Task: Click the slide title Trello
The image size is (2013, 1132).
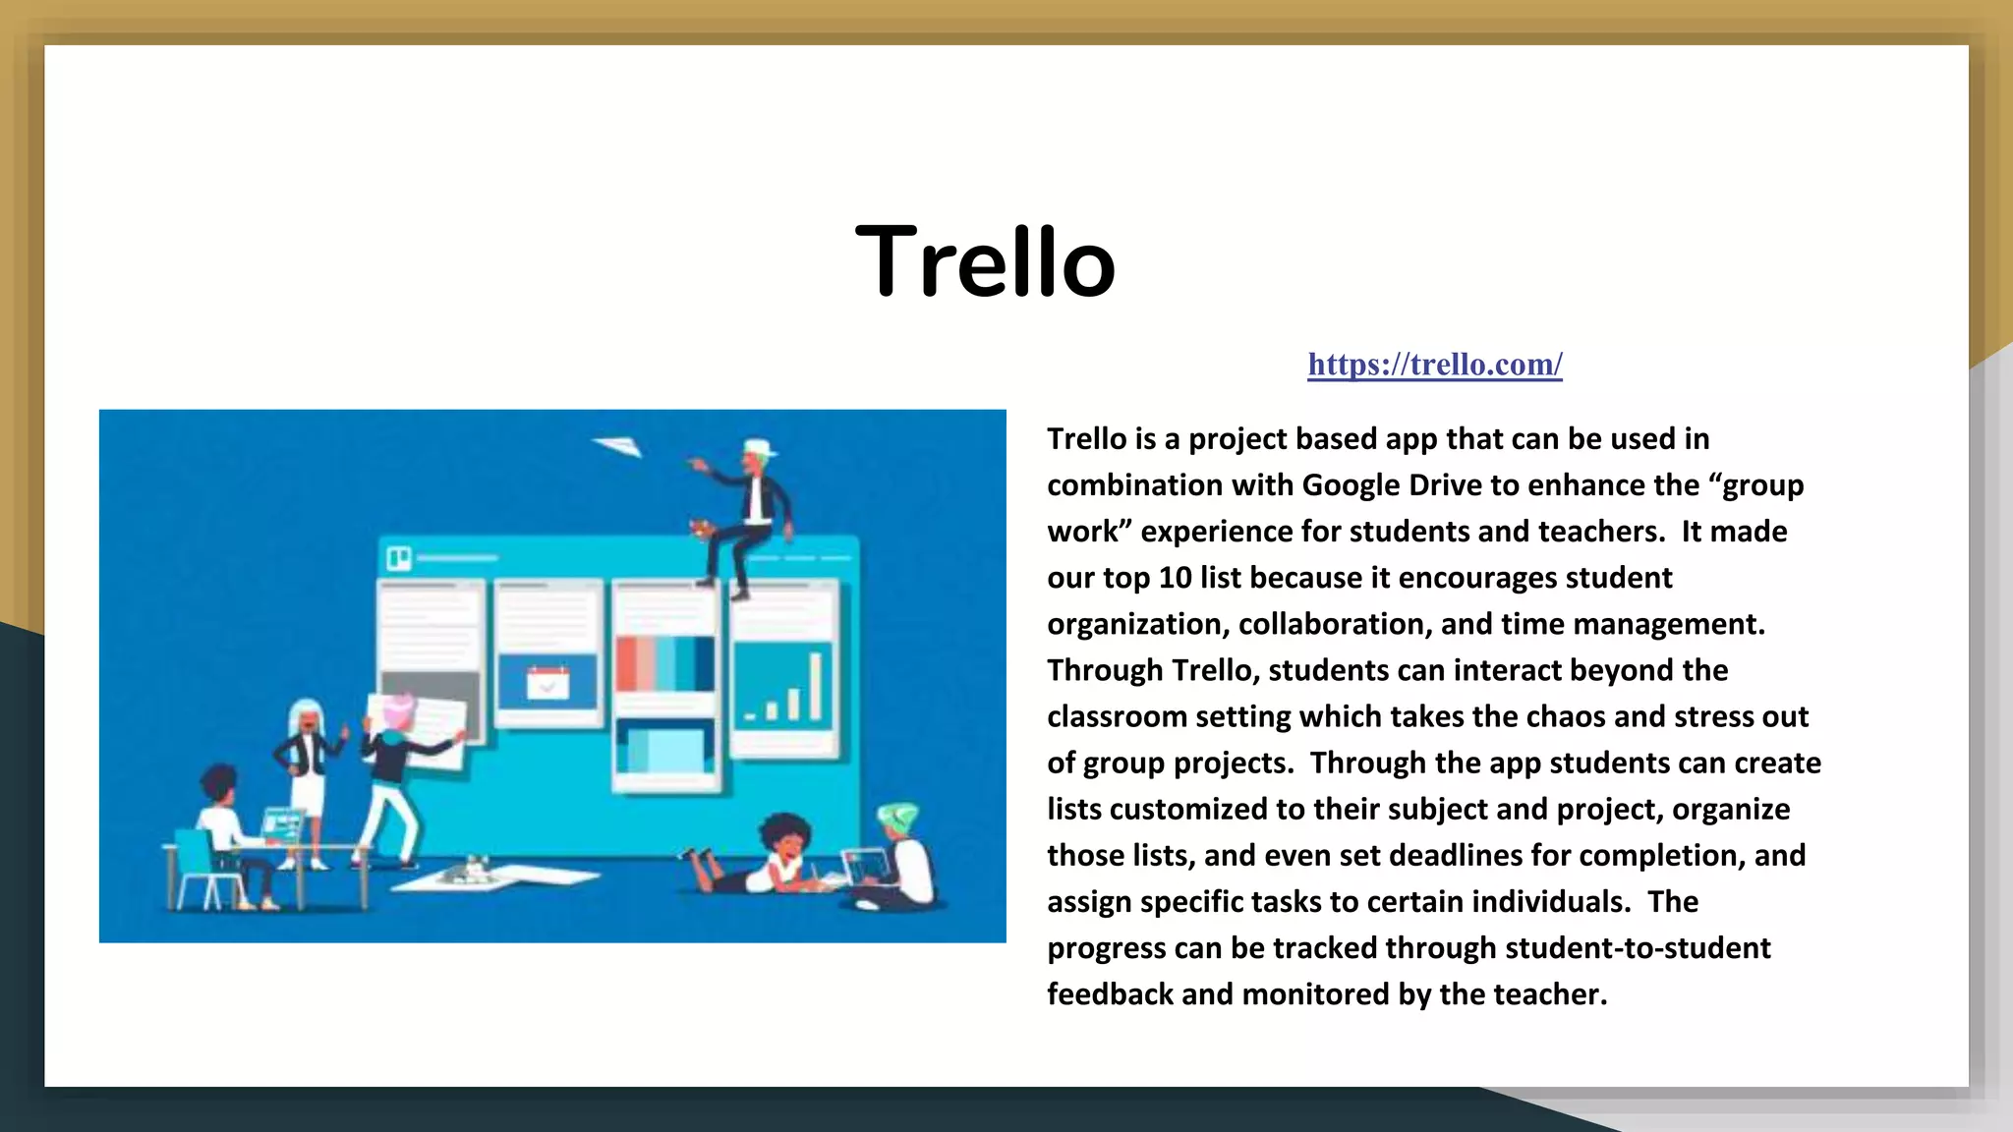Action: [x=986, y=261]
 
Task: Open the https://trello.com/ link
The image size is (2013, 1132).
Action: [x=1434, y=365]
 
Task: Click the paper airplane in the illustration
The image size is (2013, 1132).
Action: [x=618, y=447]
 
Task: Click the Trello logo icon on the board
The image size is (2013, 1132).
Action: [x=398, y=558]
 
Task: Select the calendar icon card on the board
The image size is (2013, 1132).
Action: [x=547, y=681]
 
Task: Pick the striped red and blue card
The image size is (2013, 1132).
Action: [x=665, y=663]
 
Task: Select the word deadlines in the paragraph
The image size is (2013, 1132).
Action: [x=1452, y=856]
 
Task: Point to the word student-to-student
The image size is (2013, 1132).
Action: [x=1637, y=948]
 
